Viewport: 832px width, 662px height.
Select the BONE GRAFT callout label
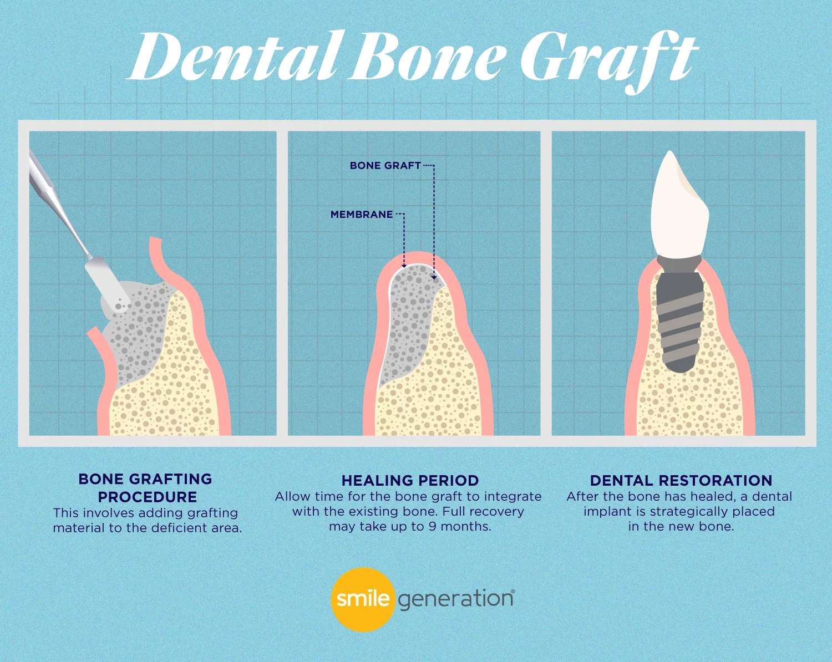pyautogui.click(x=385, y=165)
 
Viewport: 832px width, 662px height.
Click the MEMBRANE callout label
pyautogui.click(x=362, y=215)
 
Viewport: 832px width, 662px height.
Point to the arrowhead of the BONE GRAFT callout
pyautogui.click(x=434, y=277)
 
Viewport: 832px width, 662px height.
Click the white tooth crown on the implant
pyautogui.click(x=679, y=205)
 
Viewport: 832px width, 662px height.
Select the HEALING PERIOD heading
pyautogui.click(x=410, y=480)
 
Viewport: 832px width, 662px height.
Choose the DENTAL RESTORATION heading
pyautogui.click(x=681, y=480)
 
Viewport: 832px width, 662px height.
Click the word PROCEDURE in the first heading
pyautogui.click(x=148, y=497)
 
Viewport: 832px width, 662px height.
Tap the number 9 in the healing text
pyautogui.click(x=432, y=527)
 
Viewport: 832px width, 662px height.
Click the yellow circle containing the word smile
pyautogui.click(x=363, y=599)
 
